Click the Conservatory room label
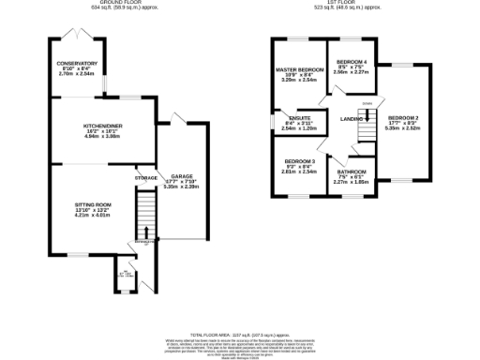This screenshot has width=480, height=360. (77, 64)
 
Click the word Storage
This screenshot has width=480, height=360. (145, 177)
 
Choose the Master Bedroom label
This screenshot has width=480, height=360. (299, 70)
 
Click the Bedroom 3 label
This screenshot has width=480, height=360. (299, 162)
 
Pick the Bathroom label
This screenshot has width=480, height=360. (352, 172)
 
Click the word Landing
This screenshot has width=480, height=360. (352, 119)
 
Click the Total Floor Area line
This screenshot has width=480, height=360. (239, 335)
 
